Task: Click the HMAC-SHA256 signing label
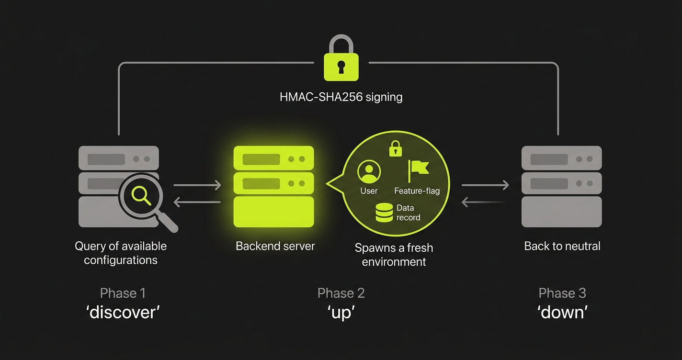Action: pos(341,97)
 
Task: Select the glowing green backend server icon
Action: pos(273,186)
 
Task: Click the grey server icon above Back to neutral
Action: pos(561,186)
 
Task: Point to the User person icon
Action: pos(369,172)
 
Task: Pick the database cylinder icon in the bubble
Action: pos(384,213)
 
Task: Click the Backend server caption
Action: pos(275,247)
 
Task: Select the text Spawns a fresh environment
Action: pos(394,255)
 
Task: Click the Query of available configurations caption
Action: pos(121,253)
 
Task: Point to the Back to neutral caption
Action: pos(562,247)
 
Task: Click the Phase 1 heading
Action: pos(123,293)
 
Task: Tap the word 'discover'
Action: pos(123,312)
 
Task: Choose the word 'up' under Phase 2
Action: pos(341,312)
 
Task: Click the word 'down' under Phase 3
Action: pos(562,312)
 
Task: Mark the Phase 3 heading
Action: pos(562,293)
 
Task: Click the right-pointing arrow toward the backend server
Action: pos(197,185)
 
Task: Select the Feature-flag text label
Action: pos(417,191)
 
